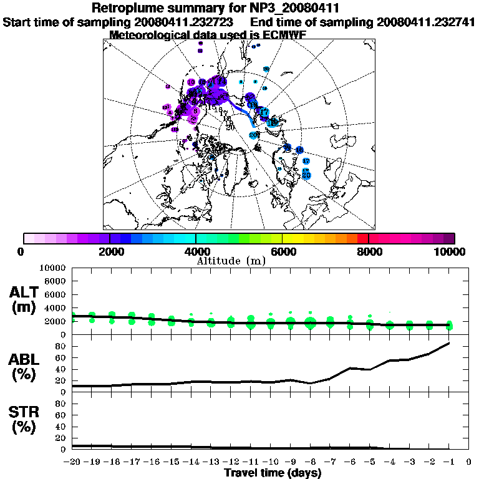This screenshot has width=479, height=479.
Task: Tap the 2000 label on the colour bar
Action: (x=110, y=251)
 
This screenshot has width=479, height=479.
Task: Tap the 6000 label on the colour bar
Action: (x=283, y=251)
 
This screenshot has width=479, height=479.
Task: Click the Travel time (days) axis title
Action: (x=273, y=473)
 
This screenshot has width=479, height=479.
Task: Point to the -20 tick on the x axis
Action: (x=72, y=462)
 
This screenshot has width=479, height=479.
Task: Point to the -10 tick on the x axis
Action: (x=271, y=462)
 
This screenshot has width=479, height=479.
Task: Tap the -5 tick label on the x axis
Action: (x=370, y=462)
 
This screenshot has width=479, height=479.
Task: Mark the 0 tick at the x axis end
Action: (x=469, y=462)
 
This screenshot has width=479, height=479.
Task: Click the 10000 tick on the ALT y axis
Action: (x=52, y=268)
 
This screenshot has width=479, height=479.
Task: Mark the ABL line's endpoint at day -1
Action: (x=449, y=343)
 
